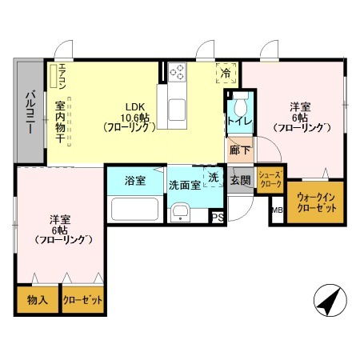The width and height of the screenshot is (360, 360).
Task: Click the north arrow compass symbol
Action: [x=330, y=301]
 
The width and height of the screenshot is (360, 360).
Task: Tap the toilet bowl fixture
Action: [x=241, y=104]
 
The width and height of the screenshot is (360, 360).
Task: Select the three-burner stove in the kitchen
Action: [x=178, y=72]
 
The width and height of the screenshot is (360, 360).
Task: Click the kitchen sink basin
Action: [x=178, y=110]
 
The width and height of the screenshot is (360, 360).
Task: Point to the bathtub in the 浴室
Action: [x=135, y=209]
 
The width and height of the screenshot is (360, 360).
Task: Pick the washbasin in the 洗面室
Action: [x=180, y=212]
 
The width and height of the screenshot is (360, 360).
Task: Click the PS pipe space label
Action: [x=218, y=218]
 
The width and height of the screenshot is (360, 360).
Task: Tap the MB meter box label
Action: [x=278, y=210]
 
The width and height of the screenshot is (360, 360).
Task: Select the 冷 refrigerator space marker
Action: [x=226, y=73]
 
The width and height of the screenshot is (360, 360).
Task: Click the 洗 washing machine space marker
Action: [x=213, y=177]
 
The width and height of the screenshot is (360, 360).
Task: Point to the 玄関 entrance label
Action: [x=241, y=181]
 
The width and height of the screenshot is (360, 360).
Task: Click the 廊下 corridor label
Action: [x=240, y=150]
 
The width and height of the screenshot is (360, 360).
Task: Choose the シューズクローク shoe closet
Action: [x=270, y=180]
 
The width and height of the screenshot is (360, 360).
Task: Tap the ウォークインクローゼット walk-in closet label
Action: [x=317, y=203]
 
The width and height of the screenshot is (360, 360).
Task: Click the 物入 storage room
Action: [x=38, y=300]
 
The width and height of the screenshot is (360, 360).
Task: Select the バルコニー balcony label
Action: [x=30, y=112]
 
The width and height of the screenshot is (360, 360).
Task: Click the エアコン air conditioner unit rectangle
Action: [x=54, y=76]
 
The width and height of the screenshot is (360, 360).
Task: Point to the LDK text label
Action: [x=135, y=107]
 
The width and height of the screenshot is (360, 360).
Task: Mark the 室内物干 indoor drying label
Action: [x=60, y=122]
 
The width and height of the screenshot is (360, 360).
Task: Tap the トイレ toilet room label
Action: [x=240, y=122]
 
